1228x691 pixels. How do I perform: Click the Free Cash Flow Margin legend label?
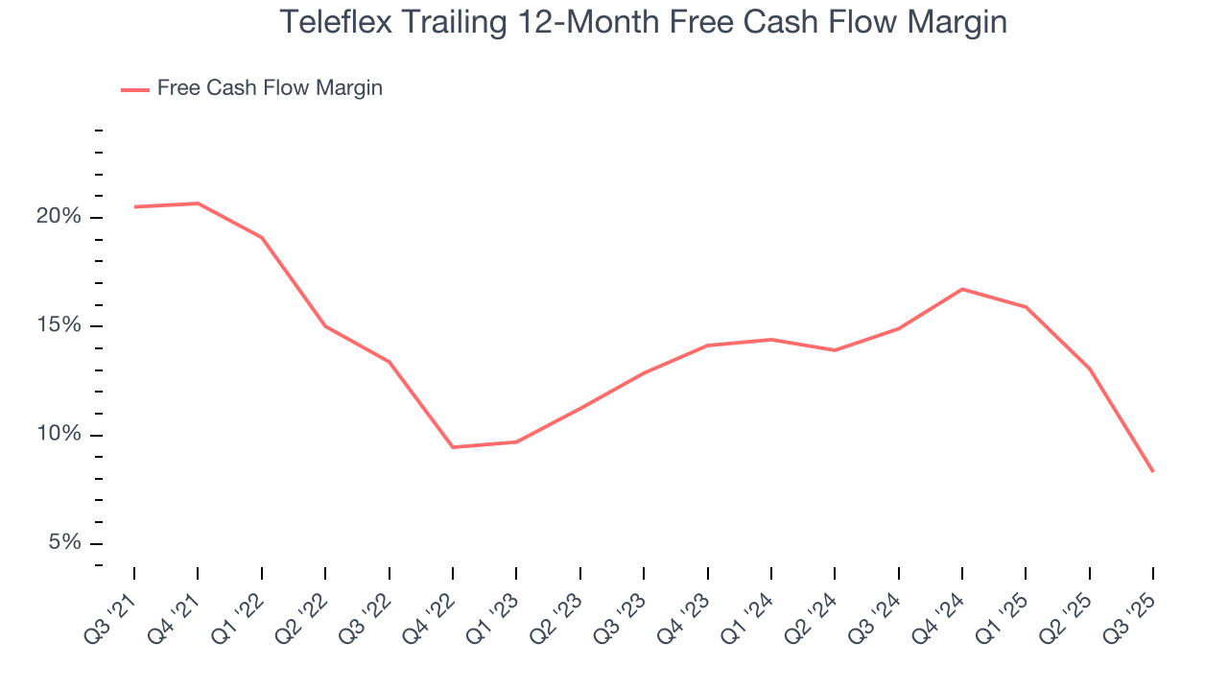[x=270, y=88]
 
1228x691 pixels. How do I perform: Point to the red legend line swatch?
[x=134, y=89]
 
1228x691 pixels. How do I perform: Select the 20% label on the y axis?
[x=59, y=217]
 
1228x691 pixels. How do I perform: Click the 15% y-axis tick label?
[x=59, y=326]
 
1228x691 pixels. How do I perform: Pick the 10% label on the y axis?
[x=59, y=435]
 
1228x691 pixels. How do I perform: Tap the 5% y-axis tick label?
[x=64, y=543]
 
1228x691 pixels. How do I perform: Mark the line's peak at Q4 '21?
[x=198, y=203]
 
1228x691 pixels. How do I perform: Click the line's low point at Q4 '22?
[x=453, y=447]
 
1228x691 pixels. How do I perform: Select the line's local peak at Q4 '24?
[x=962, y=289]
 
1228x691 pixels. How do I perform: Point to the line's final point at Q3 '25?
[x=1152, y=471]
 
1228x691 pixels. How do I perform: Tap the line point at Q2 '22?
[x=325, y=326]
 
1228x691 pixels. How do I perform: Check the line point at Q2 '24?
[x=835, y=350]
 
